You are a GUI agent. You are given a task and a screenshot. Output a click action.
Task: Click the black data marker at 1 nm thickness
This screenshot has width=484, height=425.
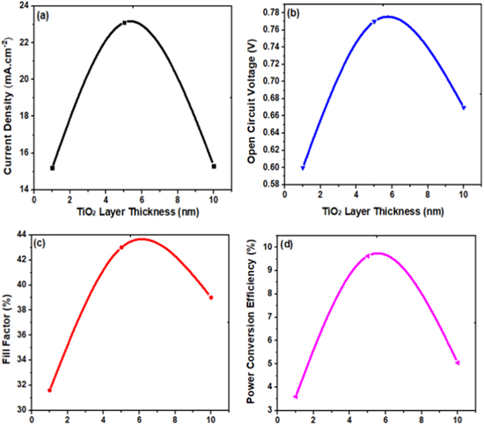53,168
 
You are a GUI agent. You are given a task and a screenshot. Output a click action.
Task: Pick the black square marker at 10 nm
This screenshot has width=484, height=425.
214,166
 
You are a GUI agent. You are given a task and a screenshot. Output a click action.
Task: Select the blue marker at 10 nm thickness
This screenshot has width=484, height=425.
464,107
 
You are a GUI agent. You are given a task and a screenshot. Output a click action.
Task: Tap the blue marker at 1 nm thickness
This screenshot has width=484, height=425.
303,167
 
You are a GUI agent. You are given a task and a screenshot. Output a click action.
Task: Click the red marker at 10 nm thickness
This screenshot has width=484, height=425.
211,297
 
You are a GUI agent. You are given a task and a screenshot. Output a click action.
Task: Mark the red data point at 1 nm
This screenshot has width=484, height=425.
50,390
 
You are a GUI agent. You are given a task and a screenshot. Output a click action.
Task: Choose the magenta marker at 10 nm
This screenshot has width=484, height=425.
458,363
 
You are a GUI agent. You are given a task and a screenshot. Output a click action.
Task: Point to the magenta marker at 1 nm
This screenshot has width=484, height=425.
296,397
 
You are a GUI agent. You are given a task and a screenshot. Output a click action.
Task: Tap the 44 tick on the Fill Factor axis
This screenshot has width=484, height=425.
21,232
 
